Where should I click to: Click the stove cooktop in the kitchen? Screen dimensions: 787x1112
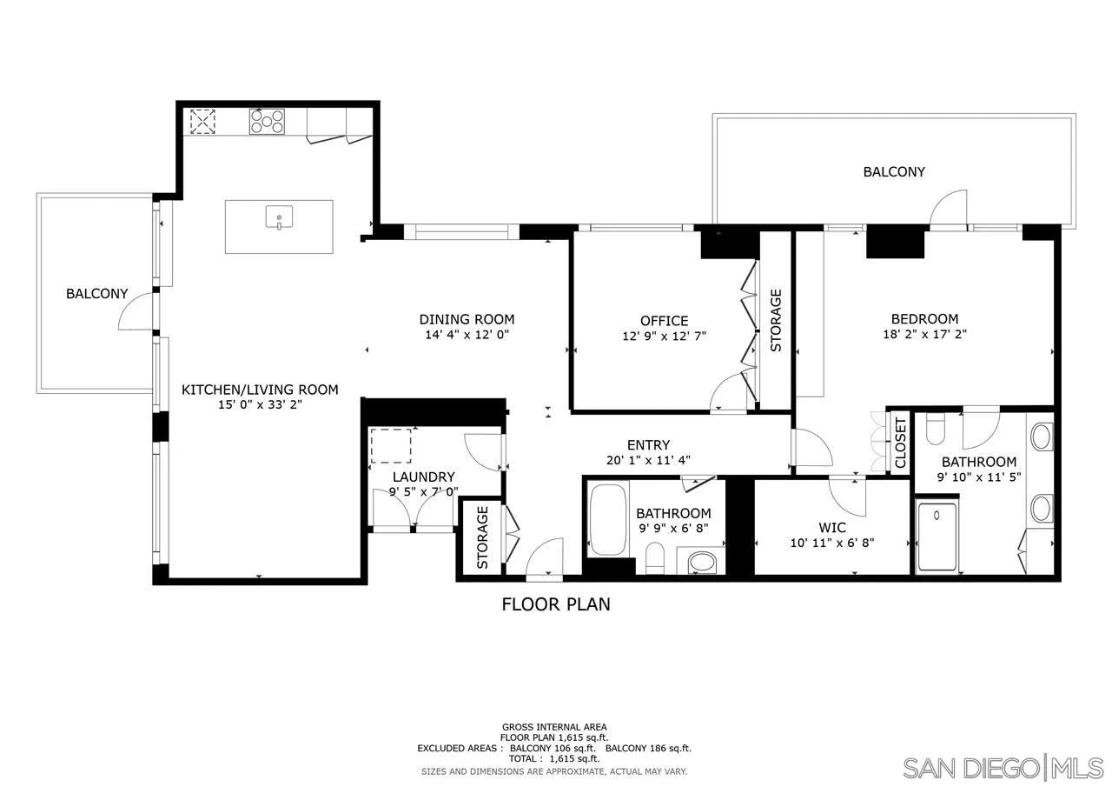point(267,121)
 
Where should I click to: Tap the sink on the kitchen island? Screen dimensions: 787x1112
point(279,219)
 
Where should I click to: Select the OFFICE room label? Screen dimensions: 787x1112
point(664,321)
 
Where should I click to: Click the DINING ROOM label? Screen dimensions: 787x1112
point(467,319)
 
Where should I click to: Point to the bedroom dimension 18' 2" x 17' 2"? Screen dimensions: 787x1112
point(924,334)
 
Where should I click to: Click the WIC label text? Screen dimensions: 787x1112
point(831,527)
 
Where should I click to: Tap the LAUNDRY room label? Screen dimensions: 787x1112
point(423,477)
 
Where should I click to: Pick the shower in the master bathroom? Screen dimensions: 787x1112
point(937,536)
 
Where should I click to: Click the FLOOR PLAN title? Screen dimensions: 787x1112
point(556,604)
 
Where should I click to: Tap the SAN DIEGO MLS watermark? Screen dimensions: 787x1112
point(1003,768)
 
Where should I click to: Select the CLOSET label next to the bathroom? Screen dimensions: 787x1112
point(900,443)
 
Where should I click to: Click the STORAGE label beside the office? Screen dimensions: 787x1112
point(776,319)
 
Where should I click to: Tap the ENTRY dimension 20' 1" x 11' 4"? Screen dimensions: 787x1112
point(649,461)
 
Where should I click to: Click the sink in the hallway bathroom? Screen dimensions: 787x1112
point(702,562)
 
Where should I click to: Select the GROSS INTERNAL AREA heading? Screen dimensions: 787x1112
point(554,727)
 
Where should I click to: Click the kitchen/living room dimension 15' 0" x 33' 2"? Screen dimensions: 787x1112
point(259,404)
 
